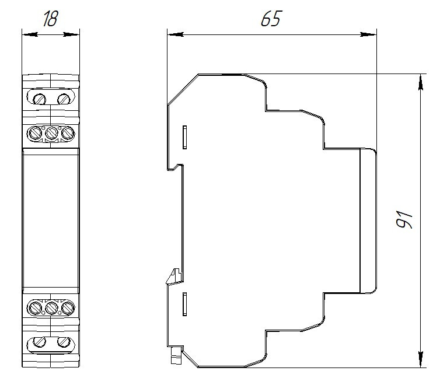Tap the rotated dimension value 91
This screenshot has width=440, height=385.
pyautogui.click(x=404, y=219)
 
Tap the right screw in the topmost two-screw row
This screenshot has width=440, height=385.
pyautogui.click(x=63, y=98)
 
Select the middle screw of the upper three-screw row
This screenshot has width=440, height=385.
pyautogui.click(x=51, y=134)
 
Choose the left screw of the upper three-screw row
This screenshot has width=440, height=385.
pyautogui.click(x=36, y=134)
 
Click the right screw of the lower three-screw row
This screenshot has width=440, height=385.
pyautogui.click(x=68, y=307)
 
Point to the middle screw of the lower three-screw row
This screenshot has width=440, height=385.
pyautogui.click(x=51, y=307)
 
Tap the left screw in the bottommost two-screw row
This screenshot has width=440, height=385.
pyautogui.click(x=39, y=342)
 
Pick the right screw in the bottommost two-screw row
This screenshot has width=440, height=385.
pyautogui.click(x=63, y=342)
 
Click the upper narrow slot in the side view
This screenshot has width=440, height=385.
pyautogui.click(x=184, y=136)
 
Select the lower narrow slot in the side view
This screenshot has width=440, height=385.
pyautogui.click(x=184, y=303)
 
